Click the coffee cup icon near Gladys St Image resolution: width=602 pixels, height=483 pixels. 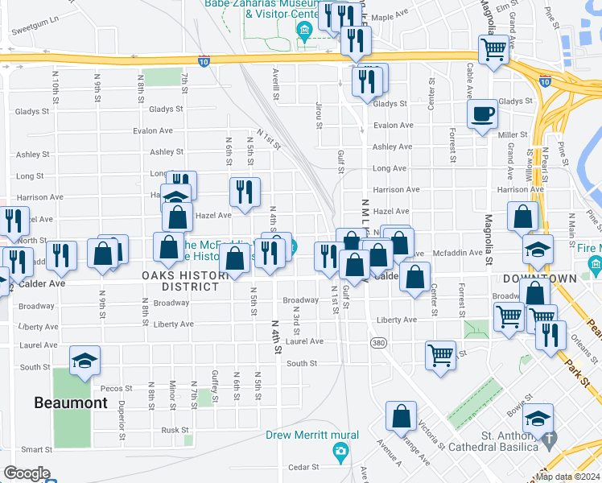(x=484, y=114)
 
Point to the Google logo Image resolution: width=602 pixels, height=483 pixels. (x=27, y=473)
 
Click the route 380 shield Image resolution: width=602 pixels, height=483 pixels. (x=377, y=343)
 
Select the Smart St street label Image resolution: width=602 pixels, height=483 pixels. (x=36, y=449)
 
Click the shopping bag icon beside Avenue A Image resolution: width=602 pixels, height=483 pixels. (x=401, y=417)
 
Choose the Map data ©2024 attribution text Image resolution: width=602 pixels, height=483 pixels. (x=567, y=477)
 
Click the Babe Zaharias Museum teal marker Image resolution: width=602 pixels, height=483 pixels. (x=304, y=32)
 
